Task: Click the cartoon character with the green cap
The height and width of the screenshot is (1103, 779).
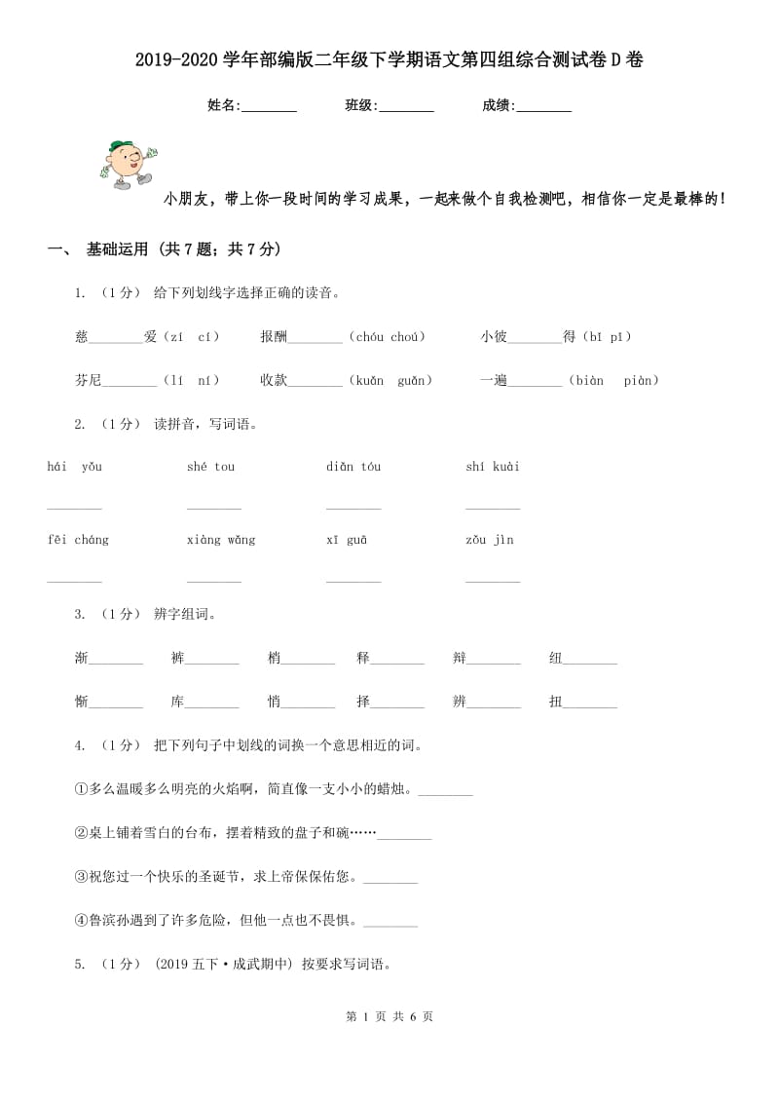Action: pyautogui.click(x=128, y=165)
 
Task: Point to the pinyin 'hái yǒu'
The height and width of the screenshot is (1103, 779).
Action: pyautogui.click(x=74, y=467)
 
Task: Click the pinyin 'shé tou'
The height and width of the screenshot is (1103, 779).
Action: pyautogui.click(x=210, y=467)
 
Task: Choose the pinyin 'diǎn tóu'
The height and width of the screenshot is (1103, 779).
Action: pyautogui.click(x=353, y=467)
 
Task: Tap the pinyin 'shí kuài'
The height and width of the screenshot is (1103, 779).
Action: pyautogui.click(x=493, y=467)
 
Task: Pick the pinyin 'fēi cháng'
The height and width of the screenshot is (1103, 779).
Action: pyautogui.click(x=78, y=540)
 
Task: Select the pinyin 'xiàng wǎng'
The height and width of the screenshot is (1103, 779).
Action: pyautogui.click(x=221, y=540)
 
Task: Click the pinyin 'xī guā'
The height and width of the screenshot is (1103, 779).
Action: pyautogui.click(x=347, y=540)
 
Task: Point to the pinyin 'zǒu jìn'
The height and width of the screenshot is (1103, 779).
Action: pyautogui.click(x=490, y=540)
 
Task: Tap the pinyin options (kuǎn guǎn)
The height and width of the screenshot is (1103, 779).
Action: pyautogui.click(x=390, y=381)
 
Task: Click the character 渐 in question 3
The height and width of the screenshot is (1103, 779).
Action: pyautogui.click(x=81, y=659)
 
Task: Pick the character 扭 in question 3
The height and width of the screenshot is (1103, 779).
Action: pyautogui.click(x=556, y=702)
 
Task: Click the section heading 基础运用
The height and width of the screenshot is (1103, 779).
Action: pyautogui.click(x=117, y=250)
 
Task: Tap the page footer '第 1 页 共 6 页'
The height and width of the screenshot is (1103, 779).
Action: pyautogui.click(x=389, y=1016)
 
